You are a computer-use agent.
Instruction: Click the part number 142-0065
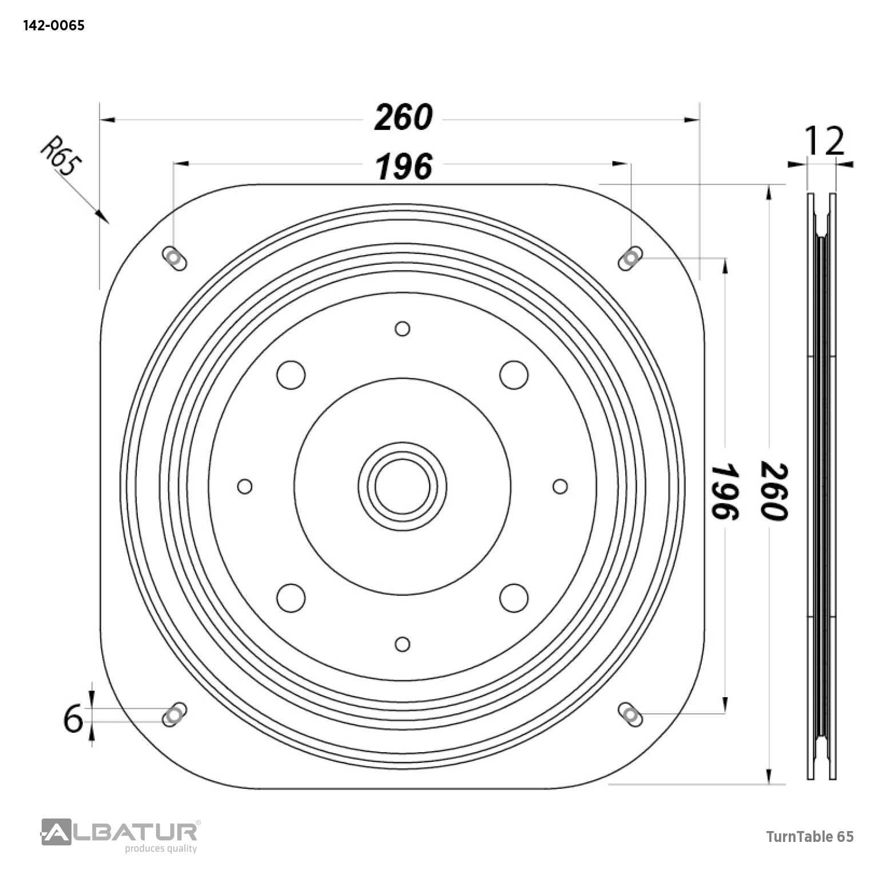pos(54,25)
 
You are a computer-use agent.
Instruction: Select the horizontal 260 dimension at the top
pos(403,118)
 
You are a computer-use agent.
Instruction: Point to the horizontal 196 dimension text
pos(404,167)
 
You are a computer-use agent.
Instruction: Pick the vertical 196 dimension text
pos(725,491)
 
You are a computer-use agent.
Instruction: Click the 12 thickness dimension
pos(824,141)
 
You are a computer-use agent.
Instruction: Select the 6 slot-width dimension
pos(73,719)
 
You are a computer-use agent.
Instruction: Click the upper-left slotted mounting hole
pos(174,259)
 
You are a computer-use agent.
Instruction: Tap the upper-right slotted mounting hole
pos(630,259)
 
